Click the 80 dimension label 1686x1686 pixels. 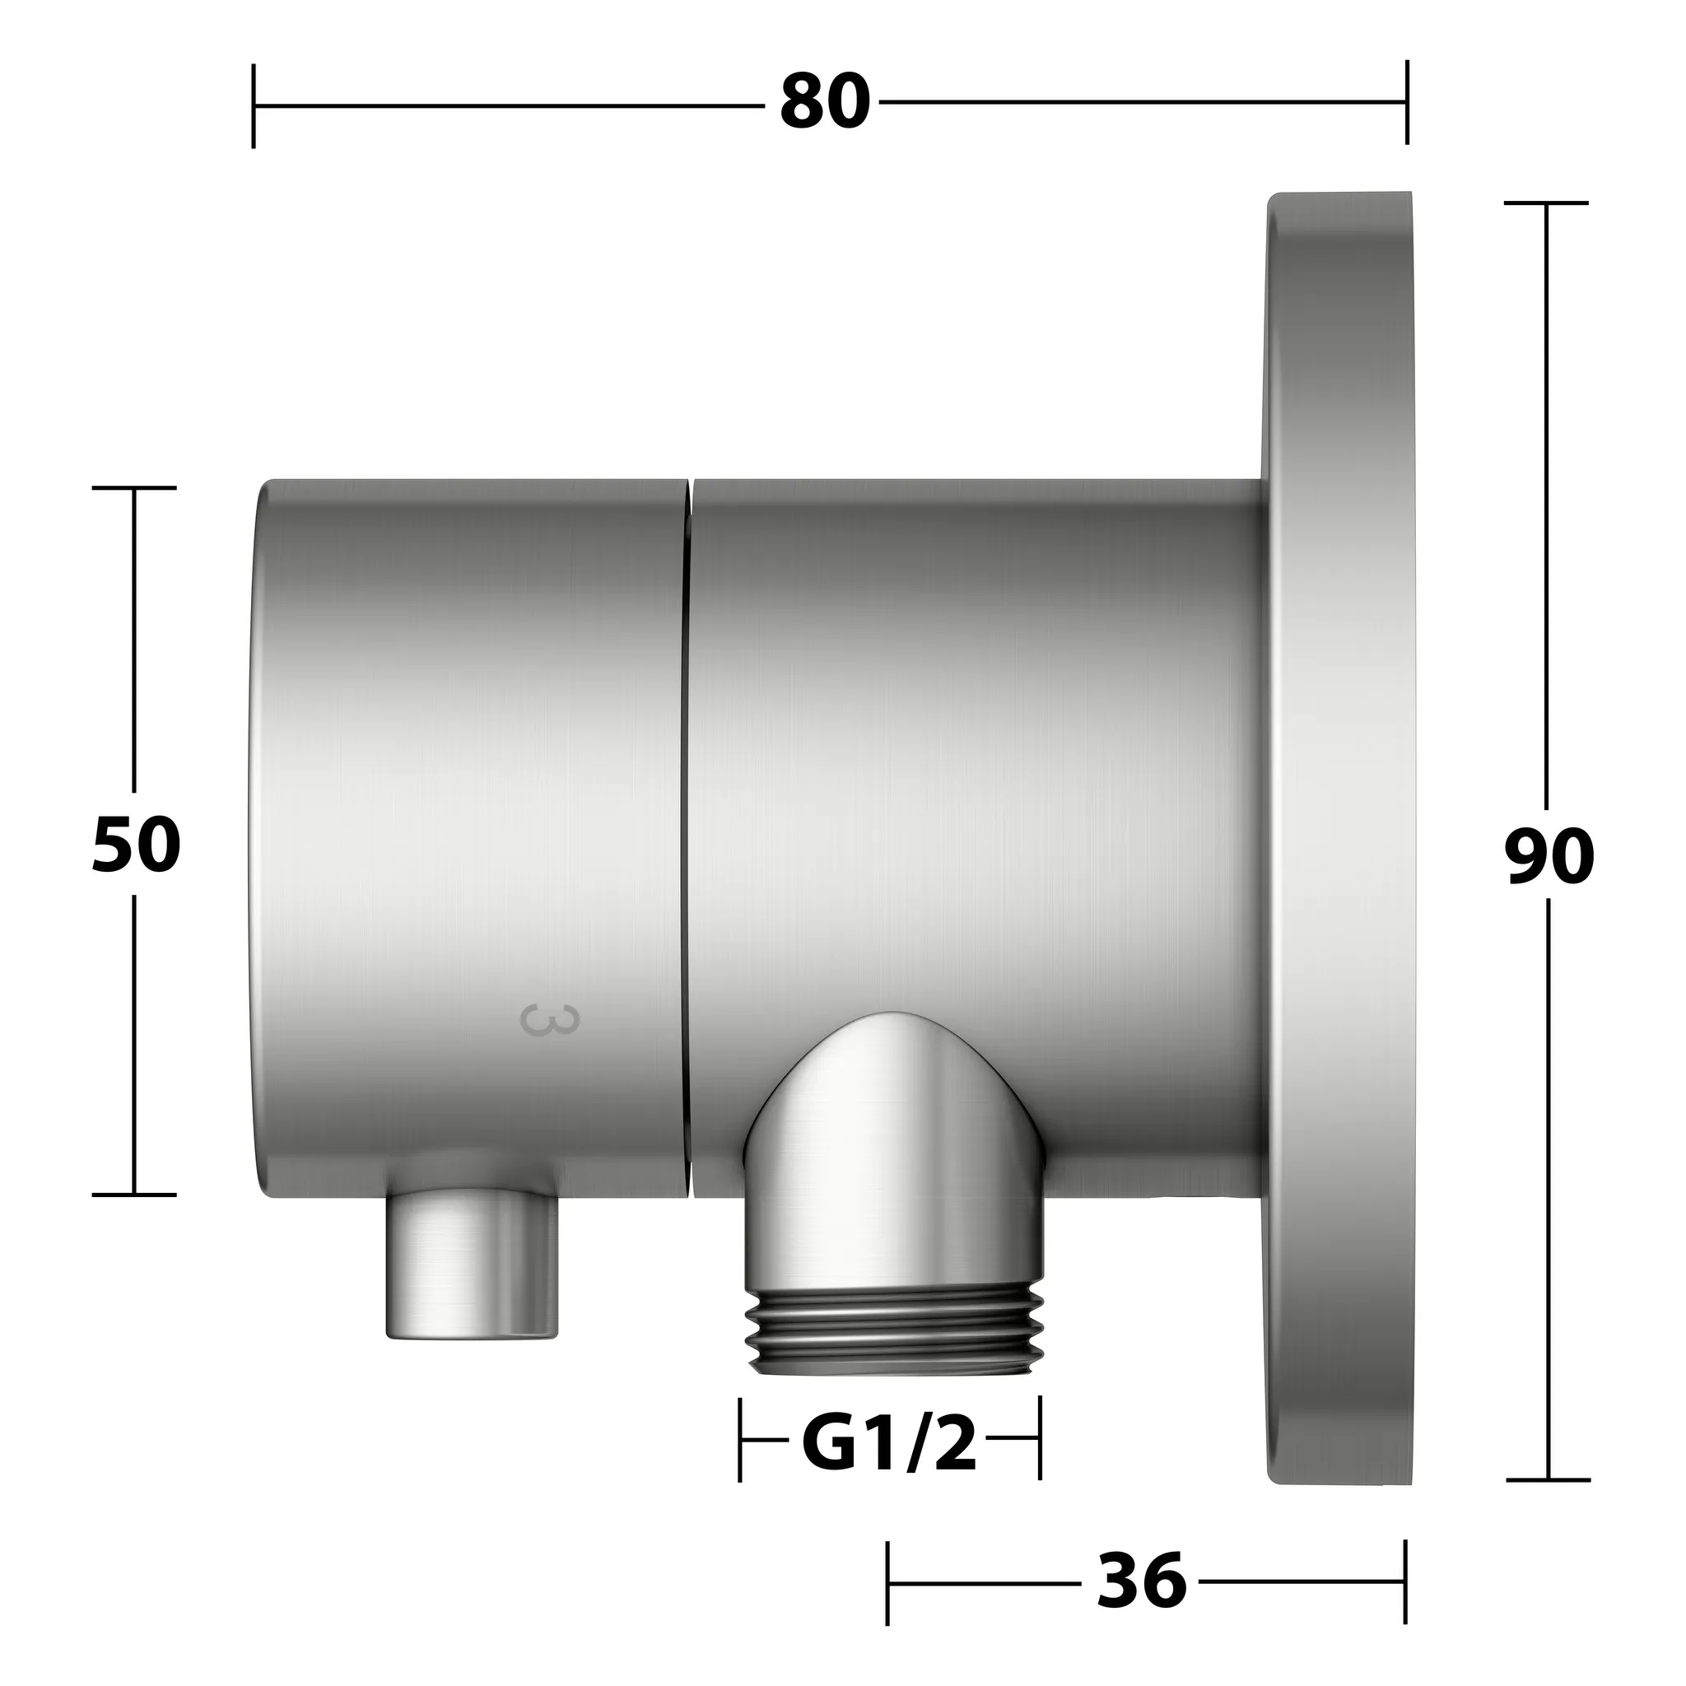pos(825,103)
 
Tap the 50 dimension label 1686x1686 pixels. pos(136,845)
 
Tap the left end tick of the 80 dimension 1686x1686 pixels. pos(253,105)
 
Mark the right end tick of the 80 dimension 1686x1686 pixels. pos(1406,102)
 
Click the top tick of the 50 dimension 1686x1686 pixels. pos(134,488)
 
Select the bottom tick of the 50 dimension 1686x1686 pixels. pos(134,1194)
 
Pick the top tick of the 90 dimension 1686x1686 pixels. pos(1547,203)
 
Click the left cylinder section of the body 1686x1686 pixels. pos(471,785)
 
